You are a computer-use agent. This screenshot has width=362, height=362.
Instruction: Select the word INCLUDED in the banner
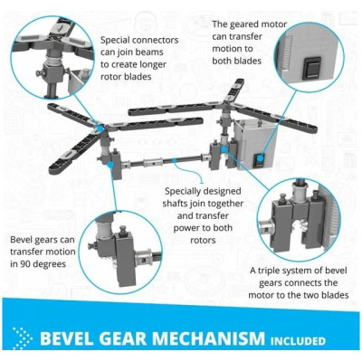(298, 341)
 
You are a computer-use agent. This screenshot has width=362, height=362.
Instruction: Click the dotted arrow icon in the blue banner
(22, 338)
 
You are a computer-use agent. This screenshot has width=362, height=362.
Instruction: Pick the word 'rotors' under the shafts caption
(203, 240)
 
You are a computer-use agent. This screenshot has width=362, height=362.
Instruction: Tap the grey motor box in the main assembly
(255, 144)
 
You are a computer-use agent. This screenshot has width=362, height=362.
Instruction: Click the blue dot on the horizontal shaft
(174, 159)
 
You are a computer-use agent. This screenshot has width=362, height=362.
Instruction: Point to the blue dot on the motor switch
(261, 157)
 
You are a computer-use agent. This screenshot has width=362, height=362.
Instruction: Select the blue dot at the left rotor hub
(100, 128)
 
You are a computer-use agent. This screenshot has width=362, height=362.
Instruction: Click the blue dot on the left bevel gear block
(110, 164)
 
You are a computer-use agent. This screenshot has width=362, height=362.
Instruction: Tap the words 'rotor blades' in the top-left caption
(126, 77)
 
